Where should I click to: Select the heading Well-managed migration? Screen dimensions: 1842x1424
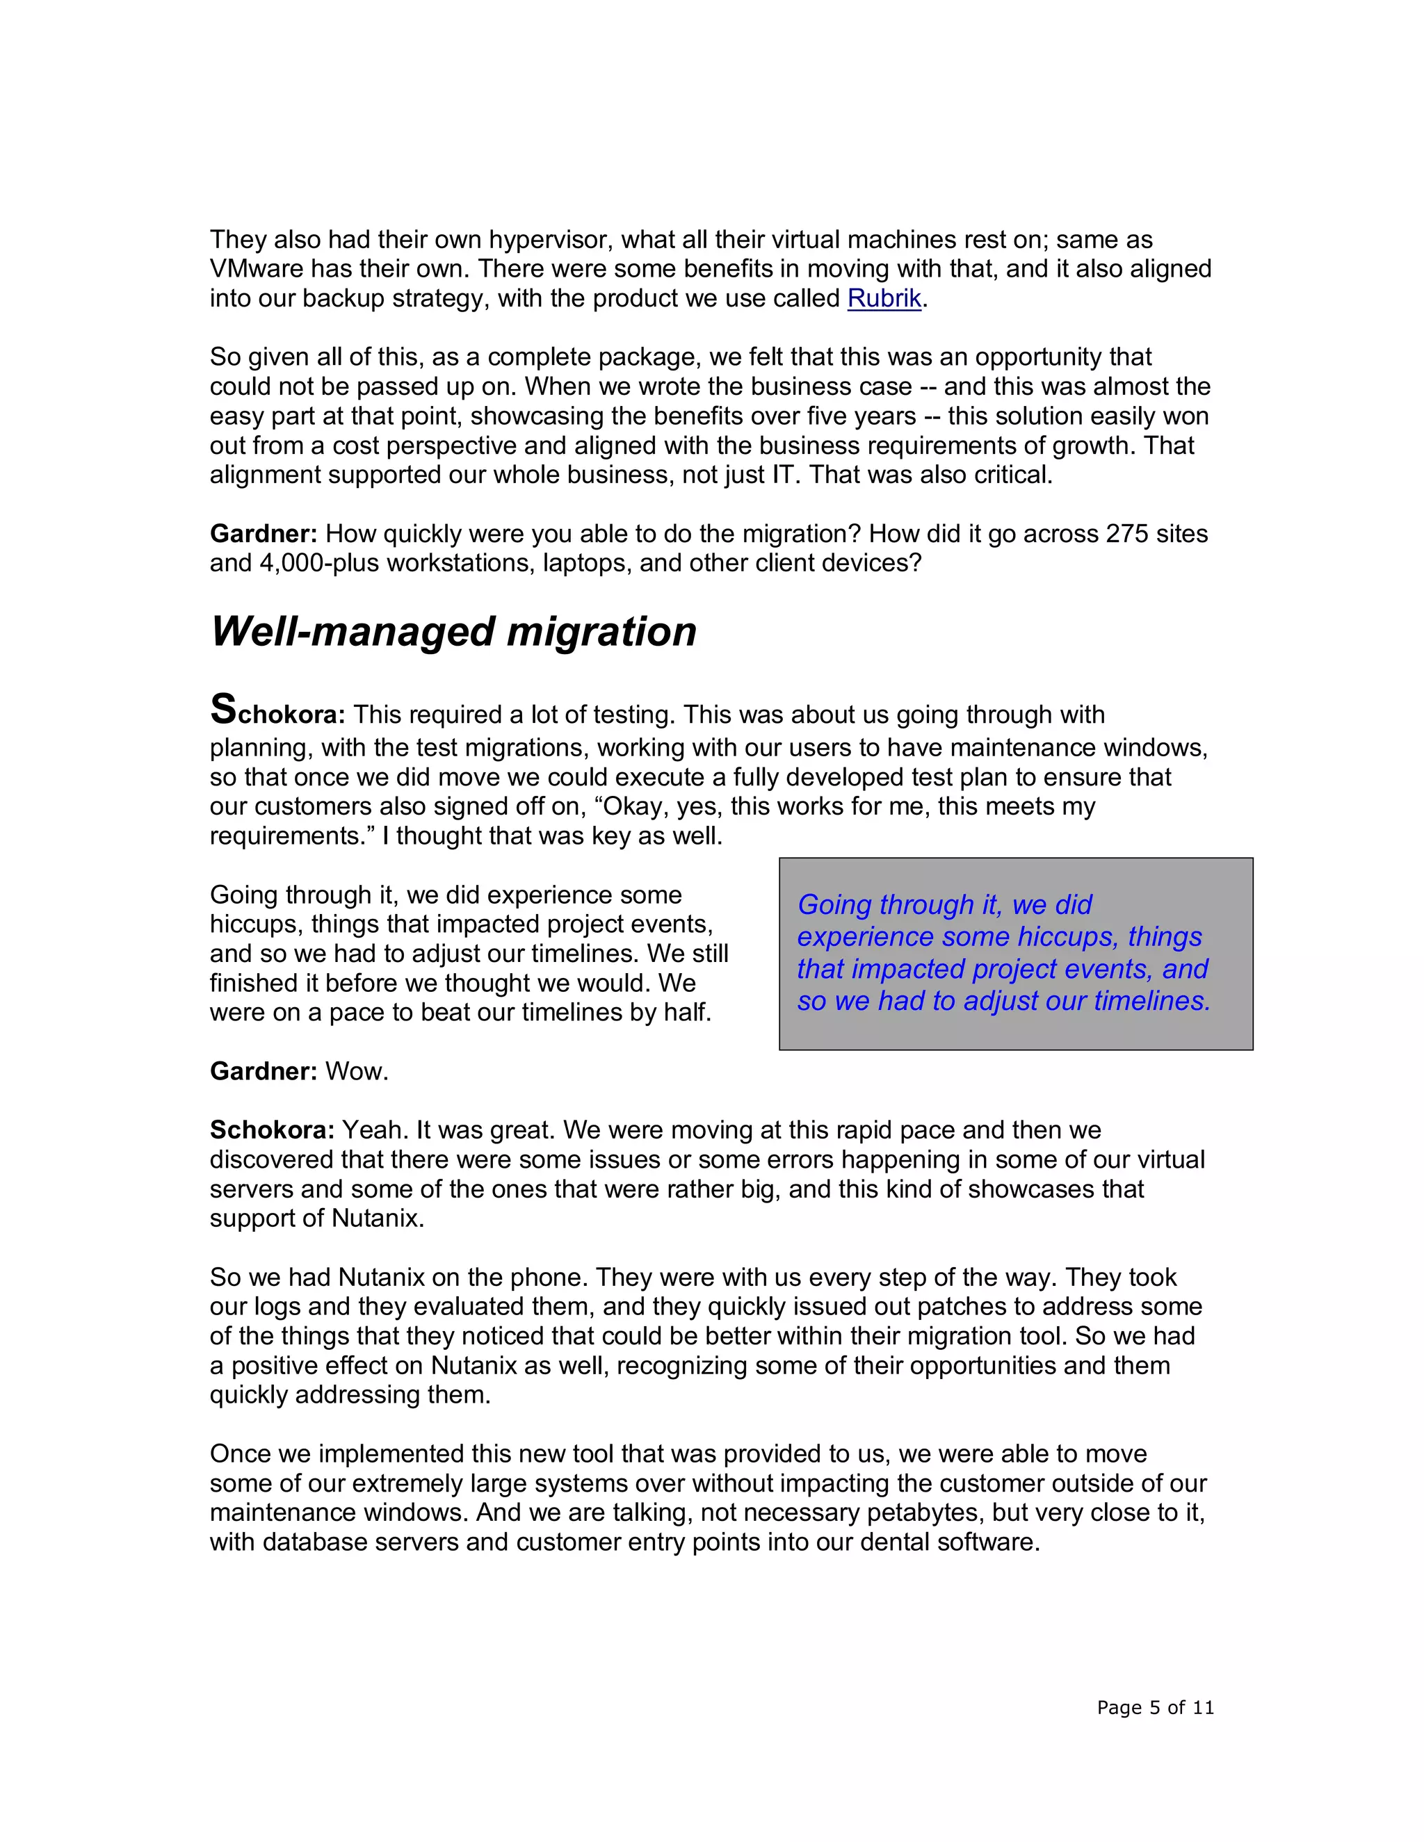pyautogui.click(x=453, y=632)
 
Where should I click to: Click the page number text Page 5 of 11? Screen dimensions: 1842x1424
pyautogui.click(x=1155, y=1708)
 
